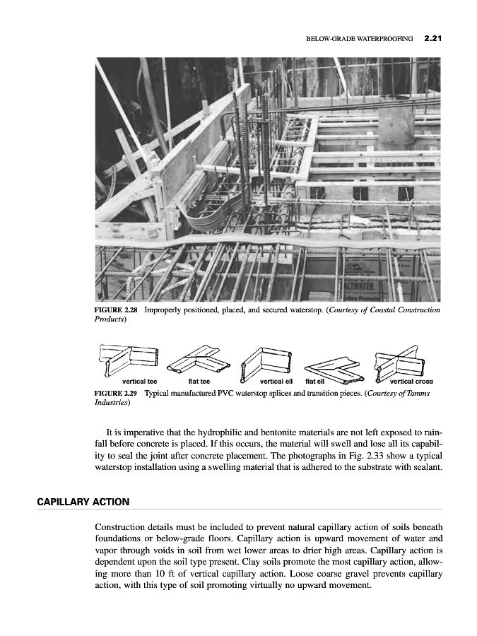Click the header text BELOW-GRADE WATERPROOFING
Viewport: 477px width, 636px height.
pyautogui.click(x=359, y=40)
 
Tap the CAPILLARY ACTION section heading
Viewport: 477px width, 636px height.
pyautogui.click(x=83, y=502)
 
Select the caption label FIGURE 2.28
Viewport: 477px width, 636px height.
pyautogui.click(x=116, y=310)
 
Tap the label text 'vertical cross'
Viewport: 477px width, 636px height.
pyautogui.click(x=411, y=382)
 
